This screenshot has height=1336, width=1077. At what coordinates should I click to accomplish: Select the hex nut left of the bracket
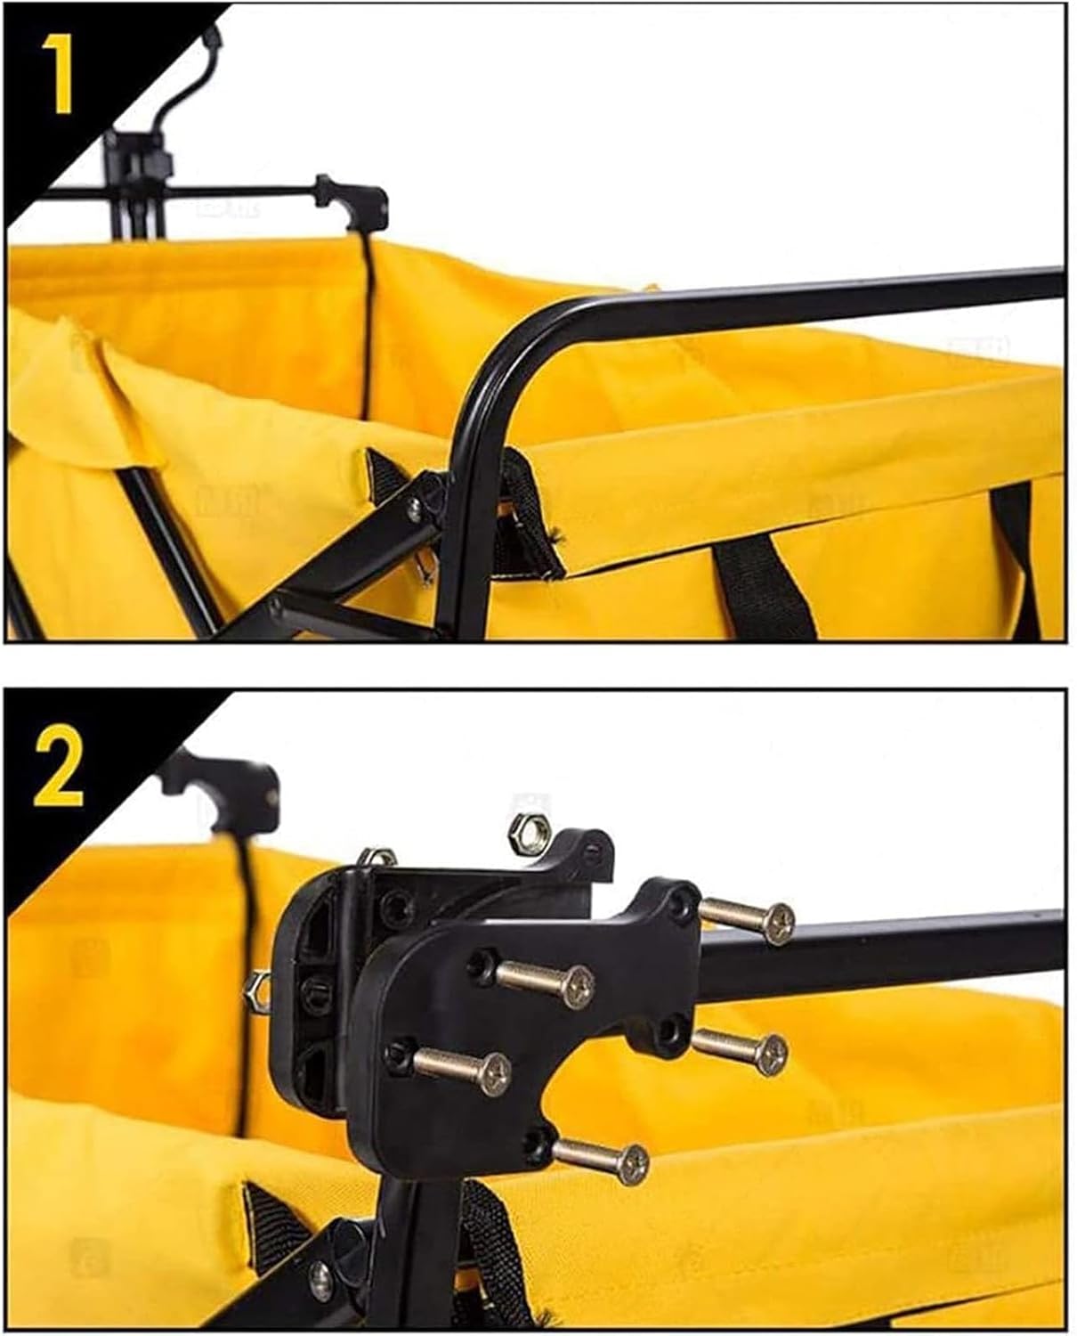[257, 990]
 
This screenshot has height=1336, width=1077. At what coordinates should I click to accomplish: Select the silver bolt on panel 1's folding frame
[414, 511]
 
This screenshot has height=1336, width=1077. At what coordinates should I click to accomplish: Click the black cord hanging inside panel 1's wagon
[368, 329]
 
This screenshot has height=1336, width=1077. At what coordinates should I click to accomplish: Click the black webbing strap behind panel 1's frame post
[527, 509]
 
